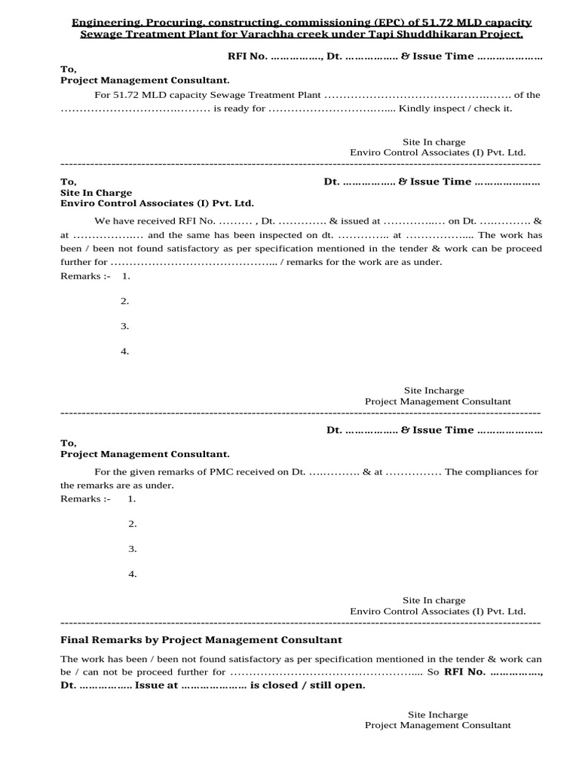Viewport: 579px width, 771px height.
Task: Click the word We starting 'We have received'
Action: point(102,221)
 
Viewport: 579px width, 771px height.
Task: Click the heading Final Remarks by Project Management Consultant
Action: point(201,640)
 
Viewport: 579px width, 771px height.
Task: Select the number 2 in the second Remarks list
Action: point(132,524)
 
